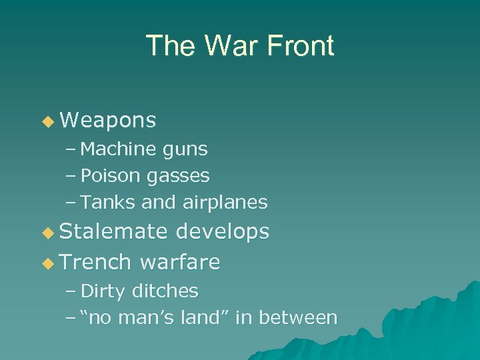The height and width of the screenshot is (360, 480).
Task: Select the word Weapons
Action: point(108,120)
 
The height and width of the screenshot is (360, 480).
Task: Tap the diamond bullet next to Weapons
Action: point(47,121)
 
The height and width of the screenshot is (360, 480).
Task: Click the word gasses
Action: point(178,177)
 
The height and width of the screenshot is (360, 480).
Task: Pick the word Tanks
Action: point(105,201)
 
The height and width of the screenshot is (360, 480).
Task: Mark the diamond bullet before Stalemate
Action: point(47,233)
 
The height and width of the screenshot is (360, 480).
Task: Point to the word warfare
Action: point(180,262)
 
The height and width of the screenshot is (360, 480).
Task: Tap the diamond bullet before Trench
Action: point(47,263)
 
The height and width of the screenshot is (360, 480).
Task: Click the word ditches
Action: point(165,291)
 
